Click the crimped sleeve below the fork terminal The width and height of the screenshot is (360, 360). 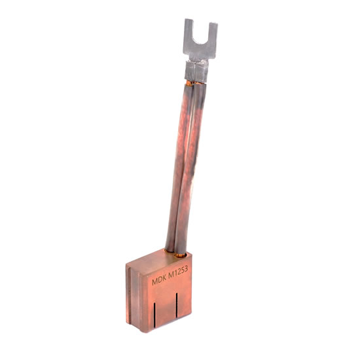click(196, 72)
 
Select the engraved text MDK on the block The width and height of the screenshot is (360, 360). click(159, 280)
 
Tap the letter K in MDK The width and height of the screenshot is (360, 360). click(164, 278)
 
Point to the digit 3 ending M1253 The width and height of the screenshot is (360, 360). click(187, 269)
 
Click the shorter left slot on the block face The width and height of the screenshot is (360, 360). click(154, 315)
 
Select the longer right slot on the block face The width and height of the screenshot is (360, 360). click(177, 306)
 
